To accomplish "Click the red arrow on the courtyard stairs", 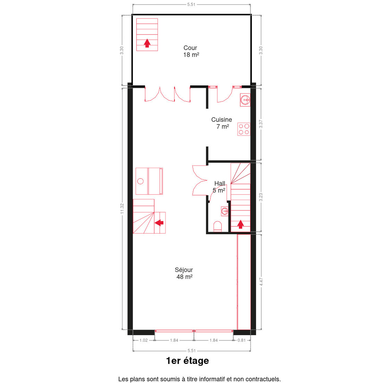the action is click(x=147, y=43).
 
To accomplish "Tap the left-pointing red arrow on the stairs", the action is click(x=159, y=223).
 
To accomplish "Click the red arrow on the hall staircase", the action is click(x=241, y=224).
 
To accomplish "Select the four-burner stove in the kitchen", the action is click(x=244, y=129).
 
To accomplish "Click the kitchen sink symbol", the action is click(x=245, y=100).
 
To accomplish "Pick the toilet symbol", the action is click(x=217, y=227).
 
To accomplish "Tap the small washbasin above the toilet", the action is click(x=225, y=211).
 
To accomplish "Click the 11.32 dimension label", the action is click(x=122, y=208).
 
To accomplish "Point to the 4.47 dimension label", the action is click(x=261, y=282).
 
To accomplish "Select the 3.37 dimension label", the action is click(x=261, y=124).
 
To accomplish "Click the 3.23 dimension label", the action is click(x=261, y=197).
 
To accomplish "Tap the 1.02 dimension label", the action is click(x=144, y=340).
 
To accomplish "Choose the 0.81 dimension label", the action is click(x=242, y=340).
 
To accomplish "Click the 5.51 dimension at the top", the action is click(x=191, y=4).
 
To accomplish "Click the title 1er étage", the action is click(x=188, y=361).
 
